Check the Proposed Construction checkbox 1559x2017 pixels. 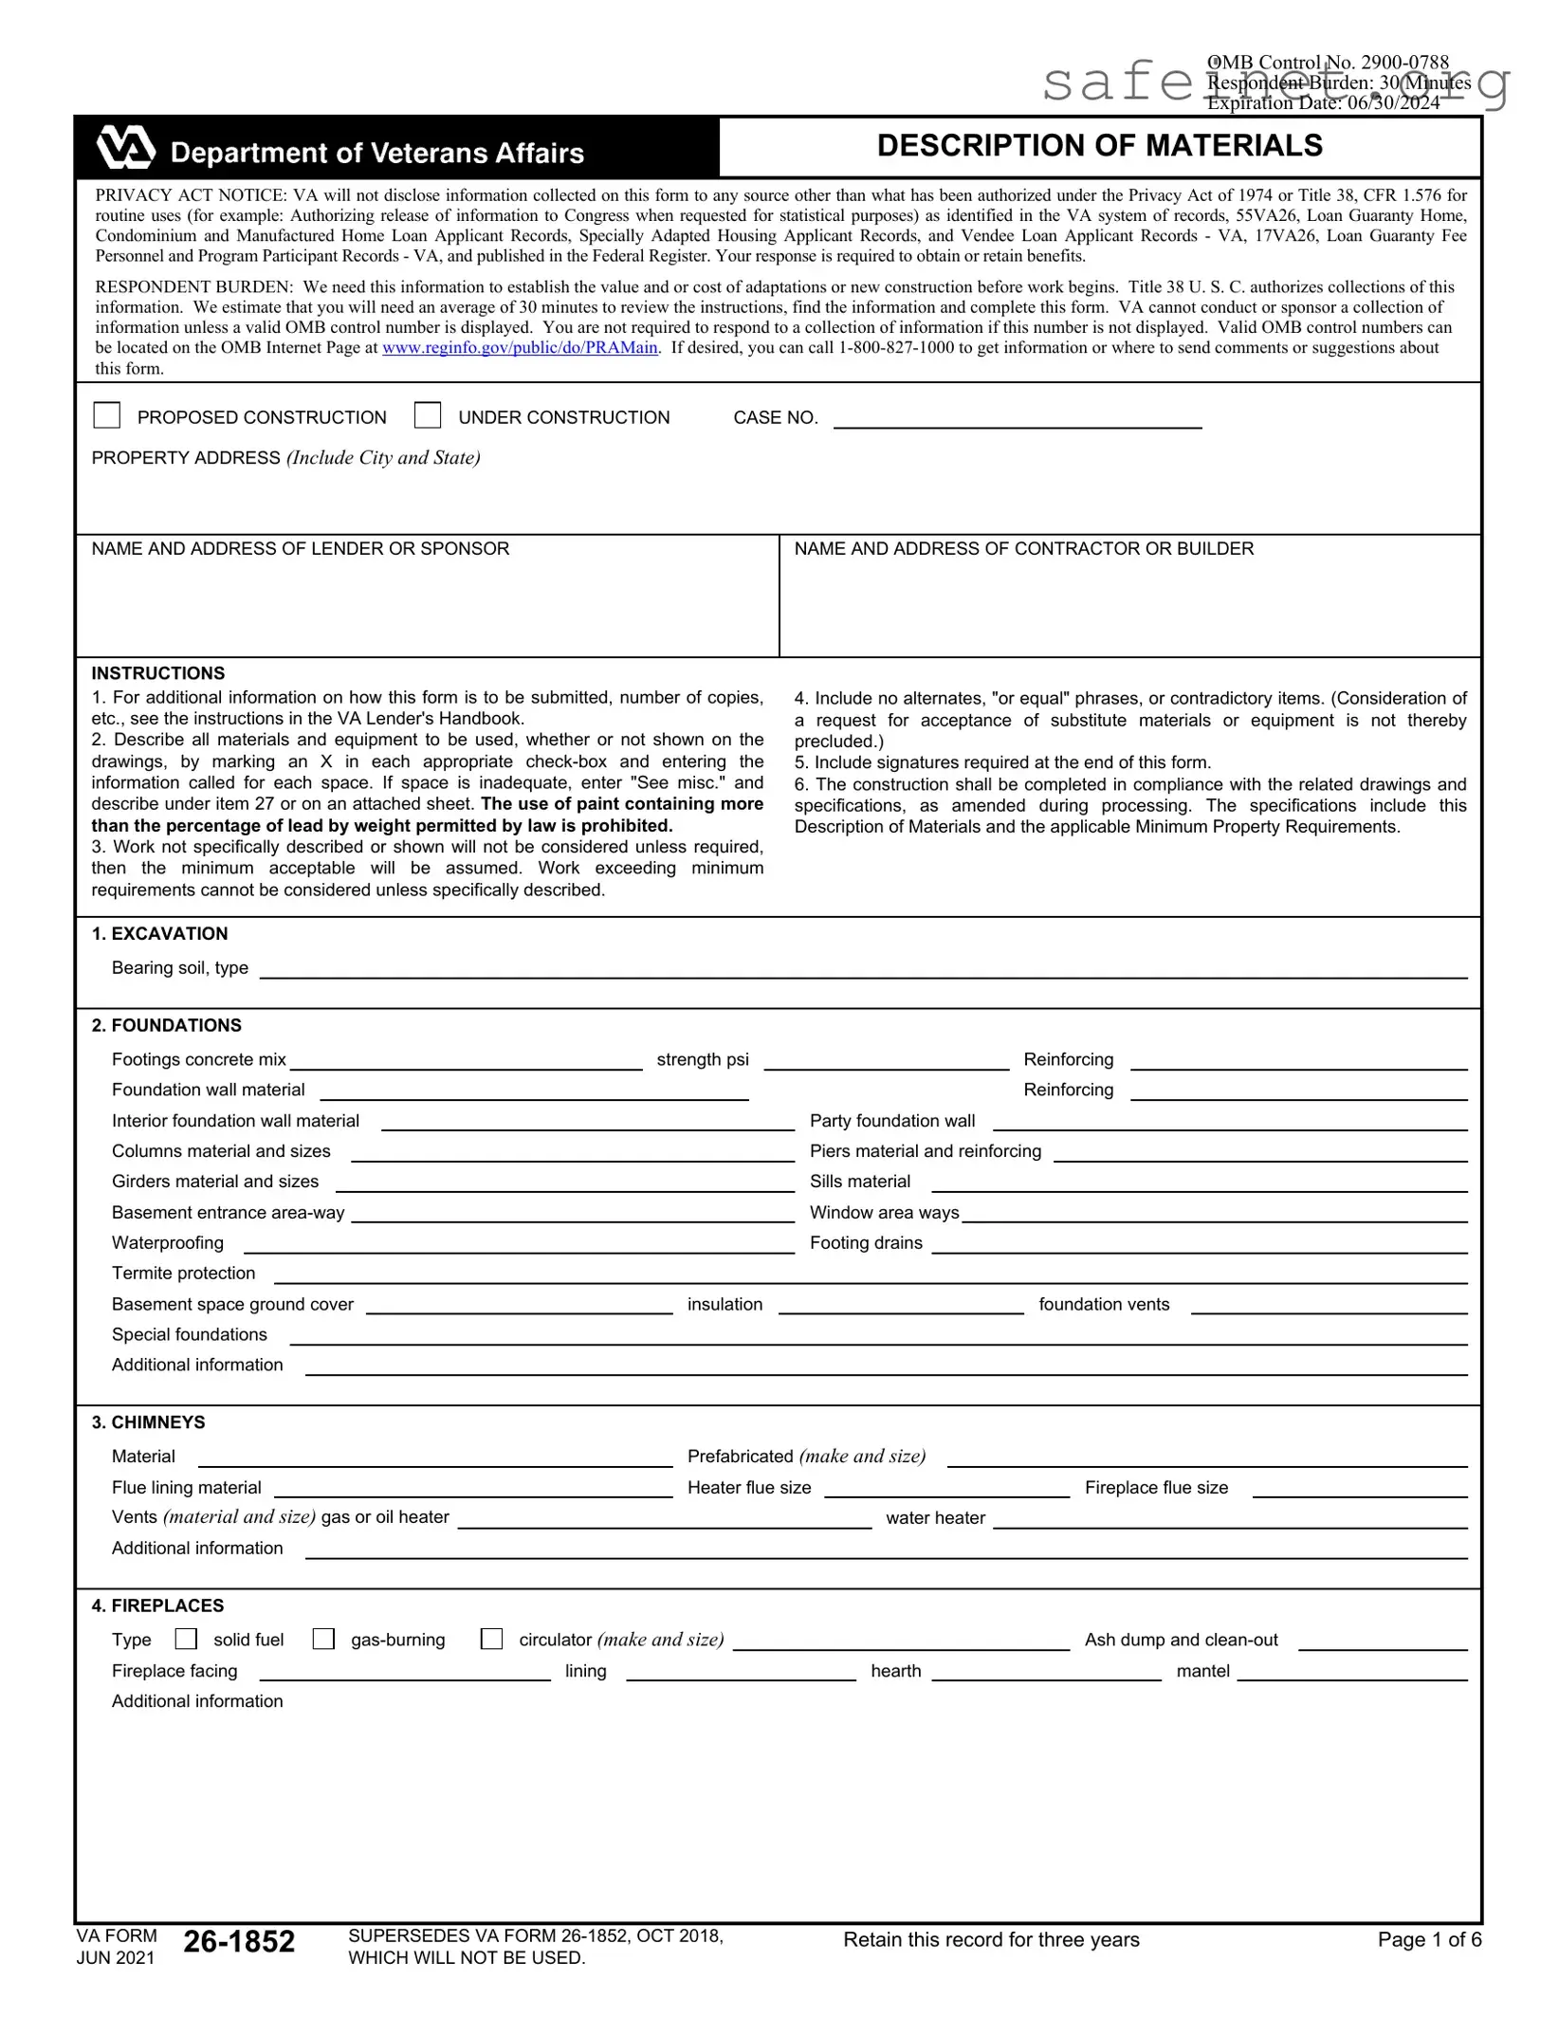click(107, 415)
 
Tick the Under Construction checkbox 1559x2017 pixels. click(428, 415)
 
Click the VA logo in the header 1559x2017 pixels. click(125, 148)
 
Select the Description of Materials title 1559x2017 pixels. click(1099, 146)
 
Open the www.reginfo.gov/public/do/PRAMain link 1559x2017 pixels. click(520, 348)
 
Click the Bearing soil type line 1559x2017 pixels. click(863, 968)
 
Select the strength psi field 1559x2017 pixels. click(886, 1060)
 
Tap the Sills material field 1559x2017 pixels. click(1199, 1183)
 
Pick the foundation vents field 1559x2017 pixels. click(1328, 1305)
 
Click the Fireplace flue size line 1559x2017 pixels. click(1359, 1488)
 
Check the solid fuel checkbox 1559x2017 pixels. click(187, 1640)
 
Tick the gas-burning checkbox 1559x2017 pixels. click(324, 1640)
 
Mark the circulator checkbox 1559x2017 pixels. click(492, 1640)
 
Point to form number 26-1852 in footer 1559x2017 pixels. click(239, 1941)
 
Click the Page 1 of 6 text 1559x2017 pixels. click(1428, 1940)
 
